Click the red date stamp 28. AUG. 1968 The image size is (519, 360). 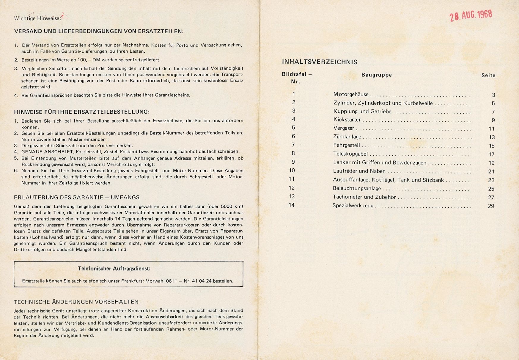tap(471, 15)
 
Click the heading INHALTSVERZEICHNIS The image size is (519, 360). tap(320, 62)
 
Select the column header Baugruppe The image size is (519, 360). tap(377, 75)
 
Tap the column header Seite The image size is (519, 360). tap(488, 76)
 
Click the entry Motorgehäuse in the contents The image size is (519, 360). tap(351, 95)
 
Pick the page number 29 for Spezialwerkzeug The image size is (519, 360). tap(491, 206)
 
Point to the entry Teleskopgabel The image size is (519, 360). tap(350, 154)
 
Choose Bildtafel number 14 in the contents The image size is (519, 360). tap(292, 205)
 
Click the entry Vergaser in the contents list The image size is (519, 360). tap(344, 129)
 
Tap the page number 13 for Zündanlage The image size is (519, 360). tap(492, 137)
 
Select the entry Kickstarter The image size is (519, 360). tap(347, 120)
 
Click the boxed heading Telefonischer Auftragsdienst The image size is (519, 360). tap(114, 268)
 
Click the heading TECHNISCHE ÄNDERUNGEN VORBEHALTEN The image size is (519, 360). tap(76, 302)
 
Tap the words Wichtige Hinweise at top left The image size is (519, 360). tap(37, 18)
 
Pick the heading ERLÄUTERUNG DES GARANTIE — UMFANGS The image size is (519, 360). tap(77, 197)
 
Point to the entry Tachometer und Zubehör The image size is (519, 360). tap(364, 197)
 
